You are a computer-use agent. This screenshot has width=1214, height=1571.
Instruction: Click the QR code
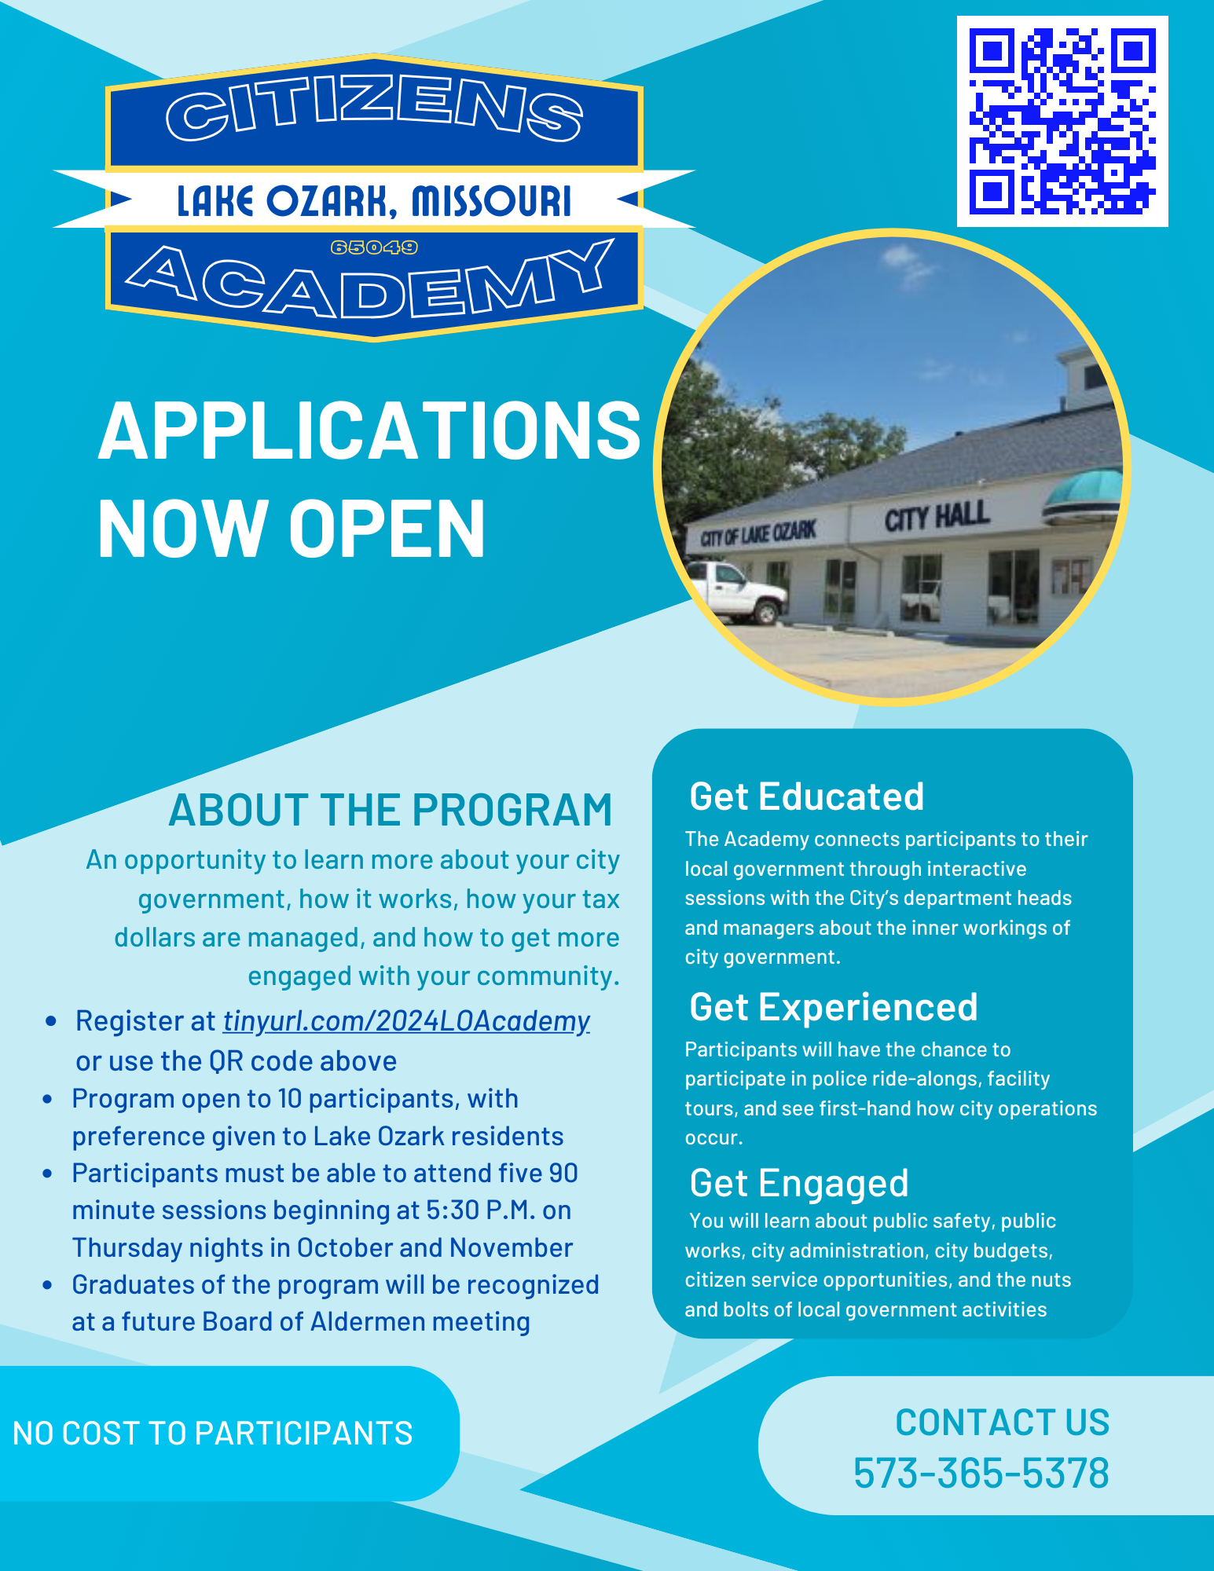(1062, 121)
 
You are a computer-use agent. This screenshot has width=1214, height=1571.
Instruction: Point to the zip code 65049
(374, 247)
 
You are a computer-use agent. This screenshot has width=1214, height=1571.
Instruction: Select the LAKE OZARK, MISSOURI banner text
(374, 201)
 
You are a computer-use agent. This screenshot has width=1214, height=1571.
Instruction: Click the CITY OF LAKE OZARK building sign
(757, 534)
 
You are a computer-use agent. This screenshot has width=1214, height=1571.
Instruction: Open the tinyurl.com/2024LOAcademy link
(406, 1021)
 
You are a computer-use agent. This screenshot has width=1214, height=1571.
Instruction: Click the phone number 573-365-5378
(981, 1473)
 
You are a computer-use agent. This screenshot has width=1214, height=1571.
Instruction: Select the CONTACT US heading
(1002, 1423)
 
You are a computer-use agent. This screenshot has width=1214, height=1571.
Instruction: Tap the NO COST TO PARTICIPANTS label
(213, 1434)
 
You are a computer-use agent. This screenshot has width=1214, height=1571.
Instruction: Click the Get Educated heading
(806, 796)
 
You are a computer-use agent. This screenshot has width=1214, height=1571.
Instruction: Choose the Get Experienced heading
(833, 1007)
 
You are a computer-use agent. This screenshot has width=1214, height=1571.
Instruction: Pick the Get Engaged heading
(798, 1183)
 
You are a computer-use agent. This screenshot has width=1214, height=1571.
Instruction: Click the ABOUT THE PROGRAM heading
(390, 810)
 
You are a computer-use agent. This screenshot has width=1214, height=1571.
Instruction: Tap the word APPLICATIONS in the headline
(369, 431)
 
